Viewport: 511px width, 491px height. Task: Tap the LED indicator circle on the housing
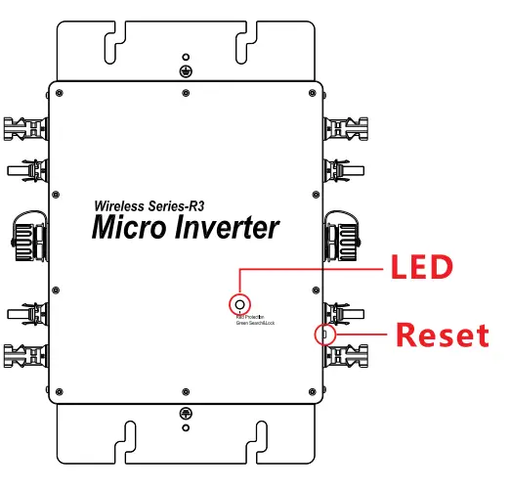click(237, 301)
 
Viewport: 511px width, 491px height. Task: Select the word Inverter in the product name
click(230, 228)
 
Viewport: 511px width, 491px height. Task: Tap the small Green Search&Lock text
click(254, 323)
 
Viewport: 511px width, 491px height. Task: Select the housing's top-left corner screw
click(62, 93)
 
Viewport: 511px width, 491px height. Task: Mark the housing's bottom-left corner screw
click(62, 392)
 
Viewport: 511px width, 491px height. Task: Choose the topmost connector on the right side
click(349, 128)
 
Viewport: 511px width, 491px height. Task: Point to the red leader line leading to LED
click(313, 267)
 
